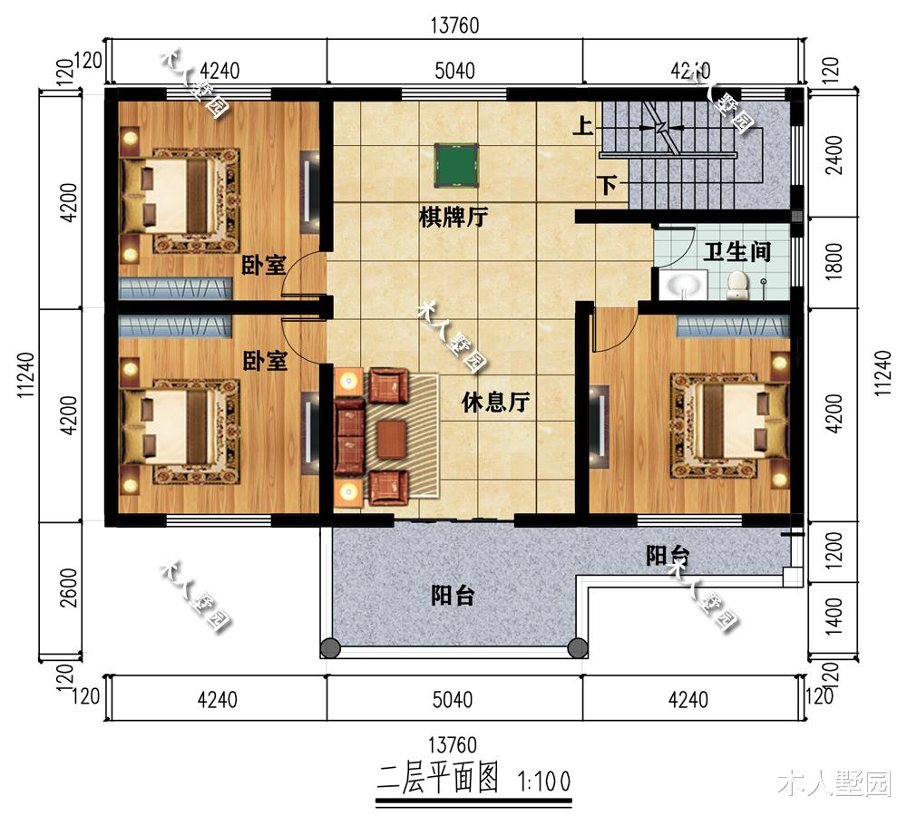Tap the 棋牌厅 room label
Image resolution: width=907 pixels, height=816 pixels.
453,218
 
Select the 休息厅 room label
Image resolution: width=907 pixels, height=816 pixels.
494,402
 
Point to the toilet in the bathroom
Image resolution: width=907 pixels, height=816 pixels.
736,285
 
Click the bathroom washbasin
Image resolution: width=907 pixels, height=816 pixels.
684,287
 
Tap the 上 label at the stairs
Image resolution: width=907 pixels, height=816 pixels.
582,126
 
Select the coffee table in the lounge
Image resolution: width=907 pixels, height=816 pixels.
392,440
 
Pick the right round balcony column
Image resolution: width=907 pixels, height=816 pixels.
577,647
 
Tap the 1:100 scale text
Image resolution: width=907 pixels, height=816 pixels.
543,780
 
